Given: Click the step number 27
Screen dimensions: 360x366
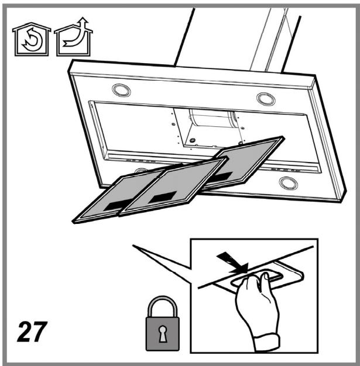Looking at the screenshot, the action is click(x=32, y=332).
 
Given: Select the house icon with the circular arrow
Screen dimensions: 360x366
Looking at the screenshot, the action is click(x=32, y=39).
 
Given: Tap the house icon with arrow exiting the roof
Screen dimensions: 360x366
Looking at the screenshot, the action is click(x=74, y=37).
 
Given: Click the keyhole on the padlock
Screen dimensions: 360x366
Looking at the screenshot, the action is click(x=163, y=333).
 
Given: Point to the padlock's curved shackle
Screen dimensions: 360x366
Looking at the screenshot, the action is click(x=163, y=299).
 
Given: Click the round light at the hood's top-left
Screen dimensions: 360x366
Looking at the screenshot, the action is click(x=121, y=90).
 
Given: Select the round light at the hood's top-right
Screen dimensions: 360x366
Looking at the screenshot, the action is click(x=266, y=99).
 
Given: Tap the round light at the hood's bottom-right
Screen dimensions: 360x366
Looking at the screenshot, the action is click(x=288, y=183).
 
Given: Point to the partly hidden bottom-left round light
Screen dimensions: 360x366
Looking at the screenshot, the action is click(x=141, y=170).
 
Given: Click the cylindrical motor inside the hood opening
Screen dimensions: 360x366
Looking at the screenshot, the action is click(x=213, y=119).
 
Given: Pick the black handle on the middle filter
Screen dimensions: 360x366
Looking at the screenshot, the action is click(x=163, y=197).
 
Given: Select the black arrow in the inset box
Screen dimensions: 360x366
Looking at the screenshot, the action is click(x=232, y=263).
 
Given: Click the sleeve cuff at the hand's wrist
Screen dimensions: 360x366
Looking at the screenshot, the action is click(x=267, y=343).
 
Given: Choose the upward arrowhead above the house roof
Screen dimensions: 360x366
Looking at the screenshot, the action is click(x=83, y=20).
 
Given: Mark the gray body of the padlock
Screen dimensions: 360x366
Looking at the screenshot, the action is click(x=163, y=334).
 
